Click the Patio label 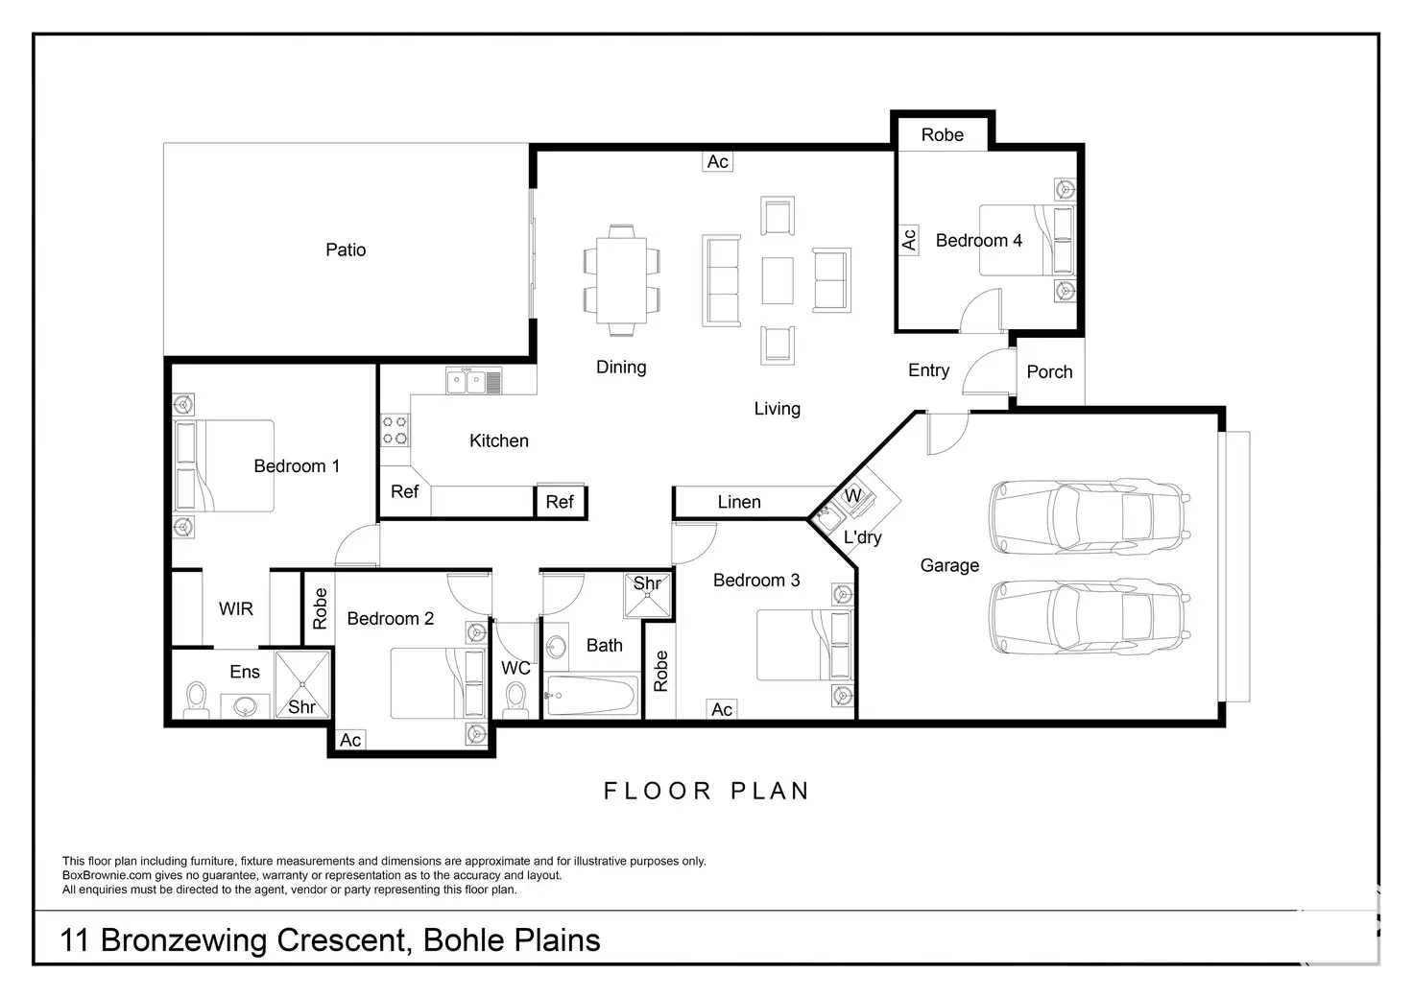(x=346, y=249)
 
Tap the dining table (x=621, y=279)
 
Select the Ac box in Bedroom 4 (x=908, y=240)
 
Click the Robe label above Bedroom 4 (x=942, y=135)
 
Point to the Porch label (x=1049, y=372)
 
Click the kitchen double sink (x=474, y=381)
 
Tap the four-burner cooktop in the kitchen (x=395, y=430)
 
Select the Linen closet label (x=739, y=502)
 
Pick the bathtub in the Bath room (x=591, y=696)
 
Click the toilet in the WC (x=516, y=701)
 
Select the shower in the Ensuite (x=302, y=684)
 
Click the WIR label (x=236, y=609)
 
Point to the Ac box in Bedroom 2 (x=350, y=740)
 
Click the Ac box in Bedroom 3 (x=722, y=710)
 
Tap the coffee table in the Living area (x=778, y=280)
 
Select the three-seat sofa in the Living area (x=722, y=281)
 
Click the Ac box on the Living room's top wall (x=718, y=161)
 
